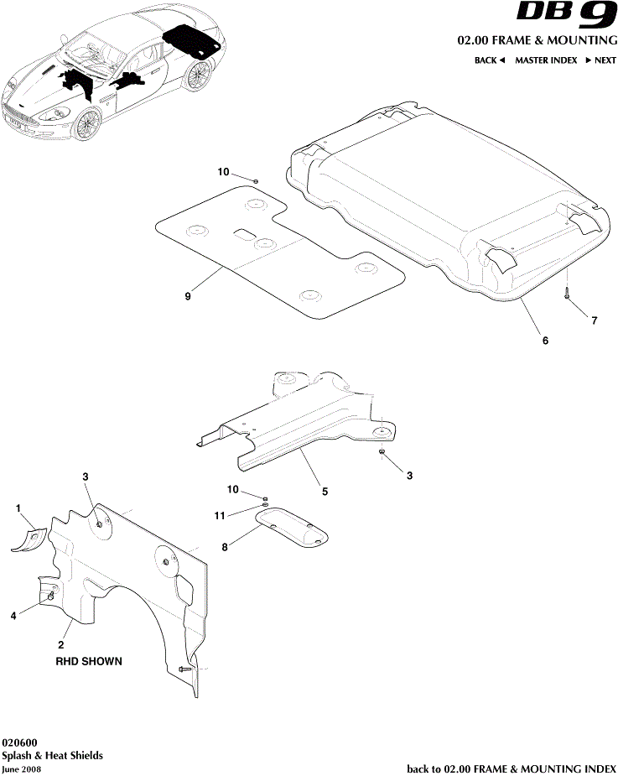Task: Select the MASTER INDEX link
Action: (546, 60)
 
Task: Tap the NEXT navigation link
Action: (600, 60)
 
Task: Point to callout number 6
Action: (545, 341)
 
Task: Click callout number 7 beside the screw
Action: (595, 320)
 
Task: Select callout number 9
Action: (189, 296)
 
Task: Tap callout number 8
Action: (225, 548)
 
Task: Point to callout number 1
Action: (18, 508)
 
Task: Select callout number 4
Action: (13, 616)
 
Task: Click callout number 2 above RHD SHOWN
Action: (60, 645)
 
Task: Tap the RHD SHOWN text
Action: (89, 661)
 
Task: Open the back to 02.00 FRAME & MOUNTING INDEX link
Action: (512, 768)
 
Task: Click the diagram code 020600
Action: (18, 742)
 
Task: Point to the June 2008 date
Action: (22, 768)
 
